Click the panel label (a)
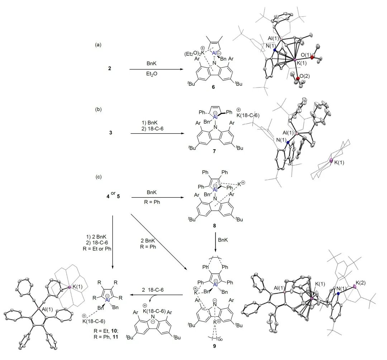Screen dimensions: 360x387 (98, 45)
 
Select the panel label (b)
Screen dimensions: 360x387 (98, 107)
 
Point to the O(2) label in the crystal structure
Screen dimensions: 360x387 (305, 76)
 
